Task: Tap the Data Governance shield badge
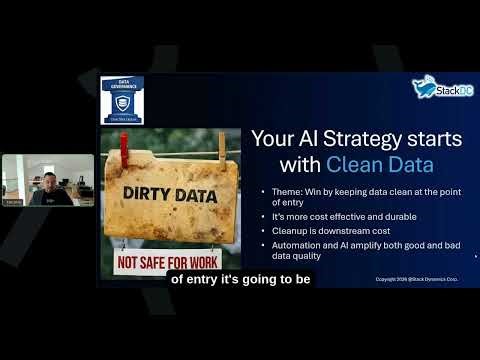tap(122, 100)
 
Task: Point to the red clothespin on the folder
tap(127, 148)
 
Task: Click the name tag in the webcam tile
tap(13, 203)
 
